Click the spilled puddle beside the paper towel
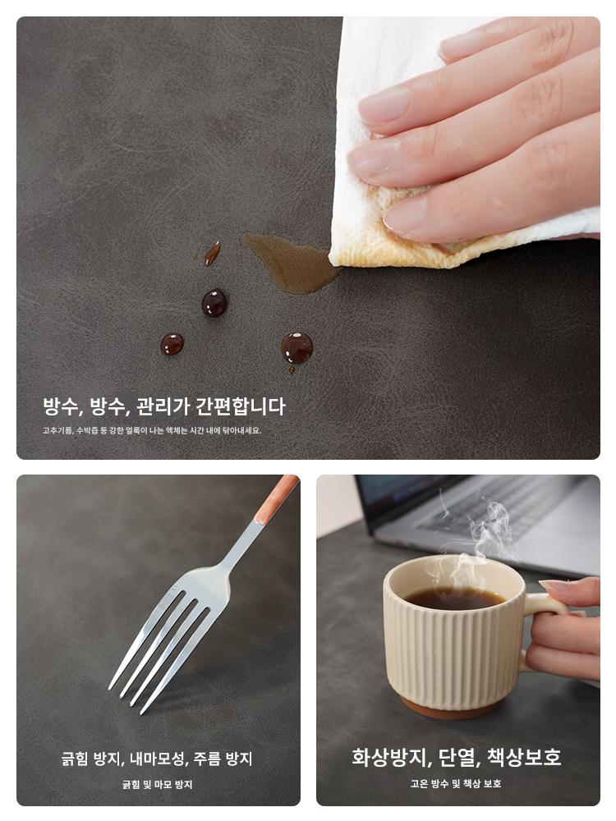[288, 262]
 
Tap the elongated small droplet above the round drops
[212, 253]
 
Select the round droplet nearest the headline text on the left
[172, 344]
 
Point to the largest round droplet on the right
[297, 348]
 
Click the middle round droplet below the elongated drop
[214, 303]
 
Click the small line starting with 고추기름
[152, 431]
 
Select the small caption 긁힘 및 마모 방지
[157, 784]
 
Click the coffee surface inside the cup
[455, 598]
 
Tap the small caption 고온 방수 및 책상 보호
[456, 783]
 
